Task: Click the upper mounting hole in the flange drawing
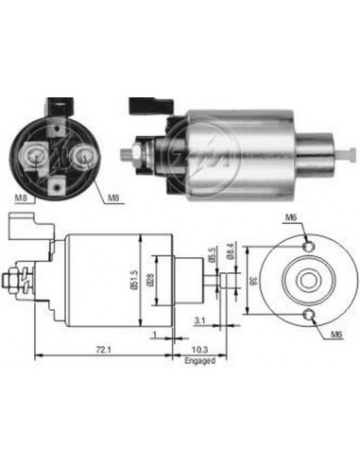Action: pos(307,246)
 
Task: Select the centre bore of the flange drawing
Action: pos(307,281)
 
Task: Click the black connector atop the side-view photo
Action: pos(151,100)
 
